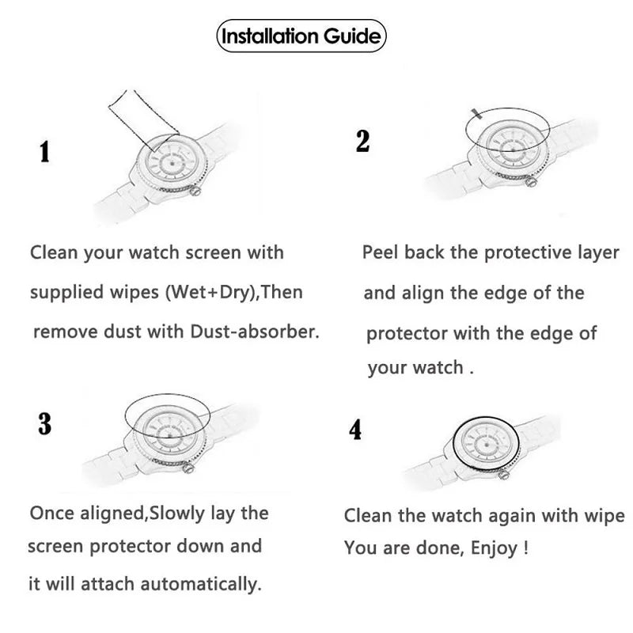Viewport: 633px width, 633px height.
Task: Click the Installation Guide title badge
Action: [x=301, y=36]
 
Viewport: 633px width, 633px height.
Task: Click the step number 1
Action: [x=44, y=151]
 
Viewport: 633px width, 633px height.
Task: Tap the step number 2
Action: [x=362, y=140]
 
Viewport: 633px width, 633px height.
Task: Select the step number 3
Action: [x=45, y=424]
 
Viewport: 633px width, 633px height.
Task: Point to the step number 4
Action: [x=355, y=430]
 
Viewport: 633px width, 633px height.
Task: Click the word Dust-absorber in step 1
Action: [x=263, y=332]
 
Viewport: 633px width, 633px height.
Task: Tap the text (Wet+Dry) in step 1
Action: [x=212, y=292]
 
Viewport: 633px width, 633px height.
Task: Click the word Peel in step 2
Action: [x=381, y=252]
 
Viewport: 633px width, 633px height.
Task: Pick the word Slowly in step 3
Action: [x=175, y=513]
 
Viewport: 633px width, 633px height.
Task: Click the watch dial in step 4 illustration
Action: [x=484, y=446]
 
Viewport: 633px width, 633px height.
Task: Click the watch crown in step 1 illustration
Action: [x=196, y=190]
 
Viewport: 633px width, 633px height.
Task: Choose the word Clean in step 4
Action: [x=368, y=516]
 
